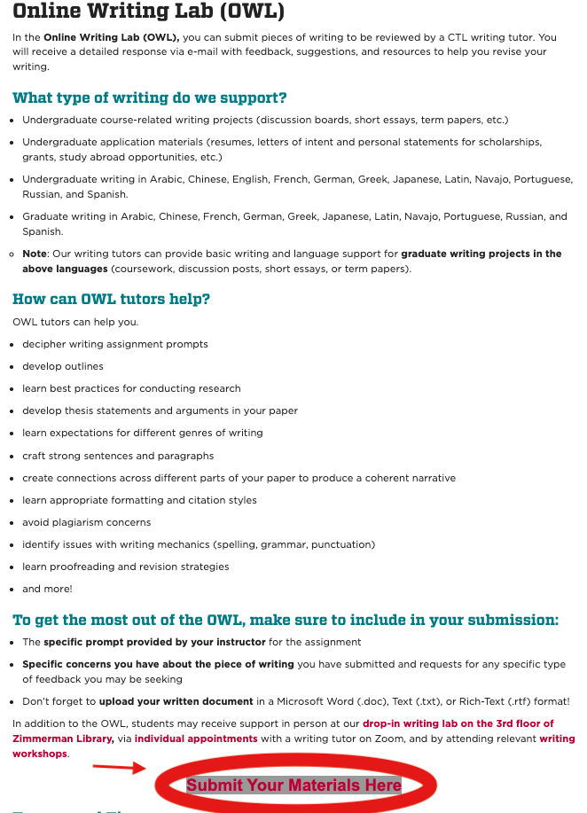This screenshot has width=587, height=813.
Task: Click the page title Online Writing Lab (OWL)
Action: point(148,12)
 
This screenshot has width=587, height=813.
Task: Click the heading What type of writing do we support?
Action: point(149,98)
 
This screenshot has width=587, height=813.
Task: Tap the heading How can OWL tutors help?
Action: point(111,299)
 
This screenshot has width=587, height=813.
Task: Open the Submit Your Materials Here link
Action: point(293,786)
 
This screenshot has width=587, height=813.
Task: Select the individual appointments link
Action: point(196,739)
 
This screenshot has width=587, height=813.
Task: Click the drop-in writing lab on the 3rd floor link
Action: point(458,723)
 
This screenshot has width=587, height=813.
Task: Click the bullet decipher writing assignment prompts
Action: point(115,344)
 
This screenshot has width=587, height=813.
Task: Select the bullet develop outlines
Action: point(63,366)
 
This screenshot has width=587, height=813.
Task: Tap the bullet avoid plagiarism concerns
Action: point(87,522)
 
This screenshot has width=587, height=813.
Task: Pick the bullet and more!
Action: point(48,589)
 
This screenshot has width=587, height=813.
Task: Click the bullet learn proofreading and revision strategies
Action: point(126,567)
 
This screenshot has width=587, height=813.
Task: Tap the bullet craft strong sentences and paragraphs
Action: point(118,456)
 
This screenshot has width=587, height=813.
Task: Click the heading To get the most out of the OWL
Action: point(285,620)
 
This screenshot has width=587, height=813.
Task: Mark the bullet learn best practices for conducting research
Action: point(131,388)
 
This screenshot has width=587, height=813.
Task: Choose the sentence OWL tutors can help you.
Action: point(75,322)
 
